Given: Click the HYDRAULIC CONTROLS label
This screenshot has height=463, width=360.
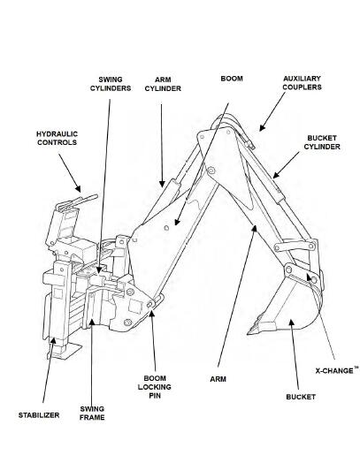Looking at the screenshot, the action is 57,138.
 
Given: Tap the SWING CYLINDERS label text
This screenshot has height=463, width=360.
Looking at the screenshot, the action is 111,84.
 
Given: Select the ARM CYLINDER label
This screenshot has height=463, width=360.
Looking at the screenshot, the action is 163,84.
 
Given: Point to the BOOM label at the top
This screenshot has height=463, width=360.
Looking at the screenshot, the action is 232,79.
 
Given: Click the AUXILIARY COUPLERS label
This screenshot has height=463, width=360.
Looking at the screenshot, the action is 303,83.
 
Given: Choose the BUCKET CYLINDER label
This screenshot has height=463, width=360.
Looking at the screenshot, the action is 322,142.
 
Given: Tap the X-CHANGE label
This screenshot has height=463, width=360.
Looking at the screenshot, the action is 337,370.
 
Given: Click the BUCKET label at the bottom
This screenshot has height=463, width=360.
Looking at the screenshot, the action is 301,397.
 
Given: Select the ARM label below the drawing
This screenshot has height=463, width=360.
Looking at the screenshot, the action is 218,379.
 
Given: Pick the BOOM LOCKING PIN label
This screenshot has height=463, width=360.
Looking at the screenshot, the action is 155,387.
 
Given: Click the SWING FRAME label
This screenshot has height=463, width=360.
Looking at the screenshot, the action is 92,414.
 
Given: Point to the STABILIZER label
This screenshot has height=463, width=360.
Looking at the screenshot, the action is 39,415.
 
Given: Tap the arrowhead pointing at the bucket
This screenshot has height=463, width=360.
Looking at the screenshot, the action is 292,323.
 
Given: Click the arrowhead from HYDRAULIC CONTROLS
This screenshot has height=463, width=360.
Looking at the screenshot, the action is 78,188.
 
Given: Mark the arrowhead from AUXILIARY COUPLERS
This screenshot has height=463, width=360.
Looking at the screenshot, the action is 263,127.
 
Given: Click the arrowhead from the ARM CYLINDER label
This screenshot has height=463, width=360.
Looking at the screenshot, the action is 162,184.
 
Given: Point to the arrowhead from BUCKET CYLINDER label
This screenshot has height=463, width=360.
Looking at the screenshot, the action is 276,175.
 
